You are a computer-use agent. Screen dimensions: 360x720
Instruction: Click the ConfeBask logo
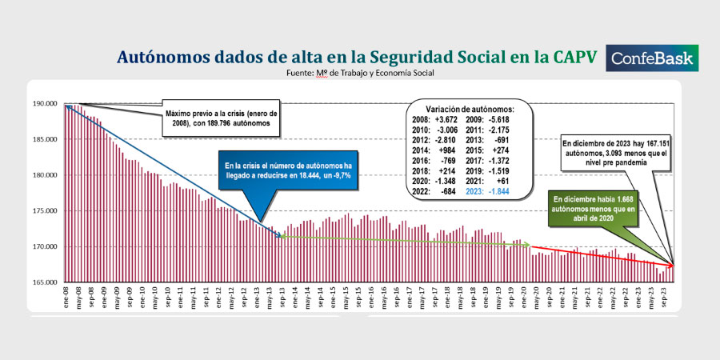pyautogui.click(x=653, y=58)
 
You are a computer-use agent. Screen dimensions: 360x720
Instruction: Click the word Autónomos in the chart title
pyautogui.click(x=158, y=58)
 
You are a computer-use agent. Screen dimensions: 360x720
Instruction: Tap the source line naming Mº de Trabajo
pyautogui.click(x=360, y=73)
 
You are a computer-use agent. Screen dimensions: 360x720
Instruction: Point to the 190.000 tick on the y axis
pyautogui.click(x=45, y=104)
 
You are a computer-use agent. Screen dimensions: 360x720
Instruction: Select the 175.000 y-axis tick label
pyautogui.click(x=45, y=211)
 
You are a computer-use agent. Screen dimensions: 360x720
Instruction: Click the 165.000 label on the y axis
pyautogui.click(x=45, y=282)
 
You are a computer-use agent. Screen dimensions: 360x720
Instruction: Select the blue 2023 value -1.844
pyautogui.click(x=494, y=194)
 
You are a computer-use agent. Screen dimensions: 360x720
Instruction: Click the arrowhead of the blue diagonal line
pyautogui.click(x=278, y=234)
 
